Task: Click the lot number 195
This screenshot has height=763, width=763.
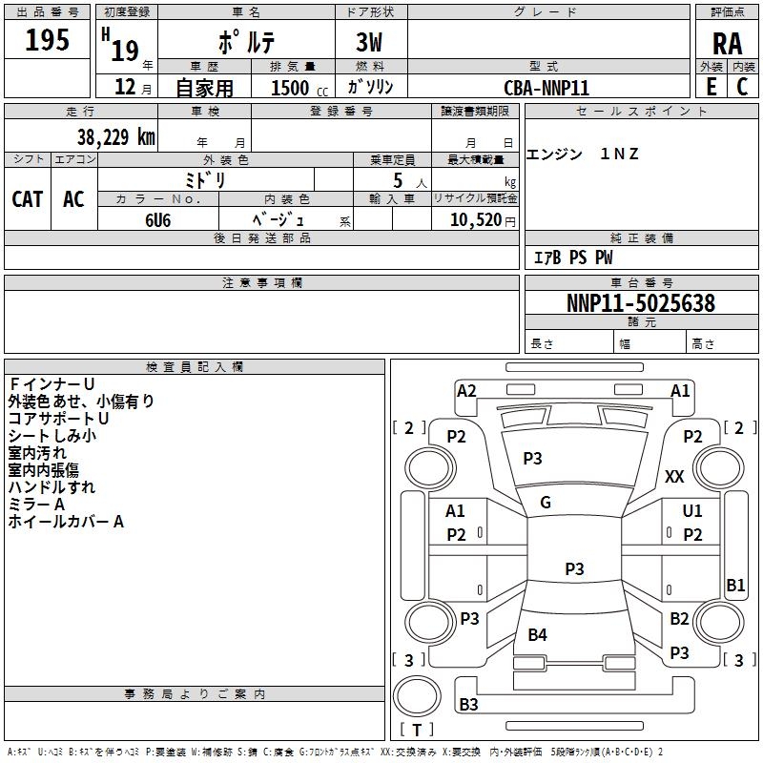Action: tap(47, 40)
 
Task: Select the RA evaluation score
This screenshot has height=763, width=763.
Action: tap(727, 44)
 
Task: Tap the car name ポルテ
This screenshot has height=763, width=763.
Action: tap(244, 42)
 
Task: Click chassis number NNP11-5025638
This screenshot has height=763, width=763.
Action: tap(640, 303)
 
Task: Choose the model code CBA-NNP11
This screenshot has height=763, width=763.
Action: tap(546, 87)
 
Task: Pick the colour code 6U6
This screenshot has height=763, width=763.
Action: tap(158, 219)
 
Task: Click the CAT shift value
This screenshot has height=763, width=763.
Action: tap(27, 198)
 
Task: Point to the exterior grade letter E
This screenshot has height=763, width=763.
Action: tap(711, 86)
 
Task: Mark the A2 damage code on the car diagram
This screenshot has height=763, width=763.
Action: tap(466, 390)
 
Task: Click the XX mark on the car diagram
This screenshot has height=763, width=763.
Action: tap(674, 476)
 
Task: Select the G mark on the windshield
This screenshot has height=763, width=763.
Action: tap(546, 503)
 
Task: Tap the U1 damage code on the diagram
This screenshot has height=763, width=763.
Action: tap(692, 511)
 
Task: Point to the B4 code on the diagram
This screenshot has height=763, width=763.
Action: tap(538, 635)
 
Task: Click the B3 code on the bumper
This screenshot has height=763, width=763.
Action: tap(469, 705)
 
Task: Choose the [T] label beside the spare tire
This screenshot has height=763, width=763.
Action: tap(417, 731)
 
